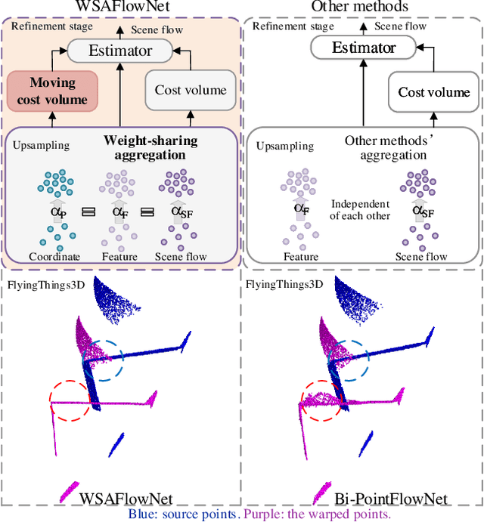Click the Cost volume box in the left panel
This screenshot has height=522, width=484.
(x=191, y=90)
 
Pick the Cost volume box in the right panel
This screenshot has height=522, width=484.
(x=434, y=92)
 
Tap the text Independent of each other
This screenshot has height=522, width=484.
(x=361, y=211)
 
